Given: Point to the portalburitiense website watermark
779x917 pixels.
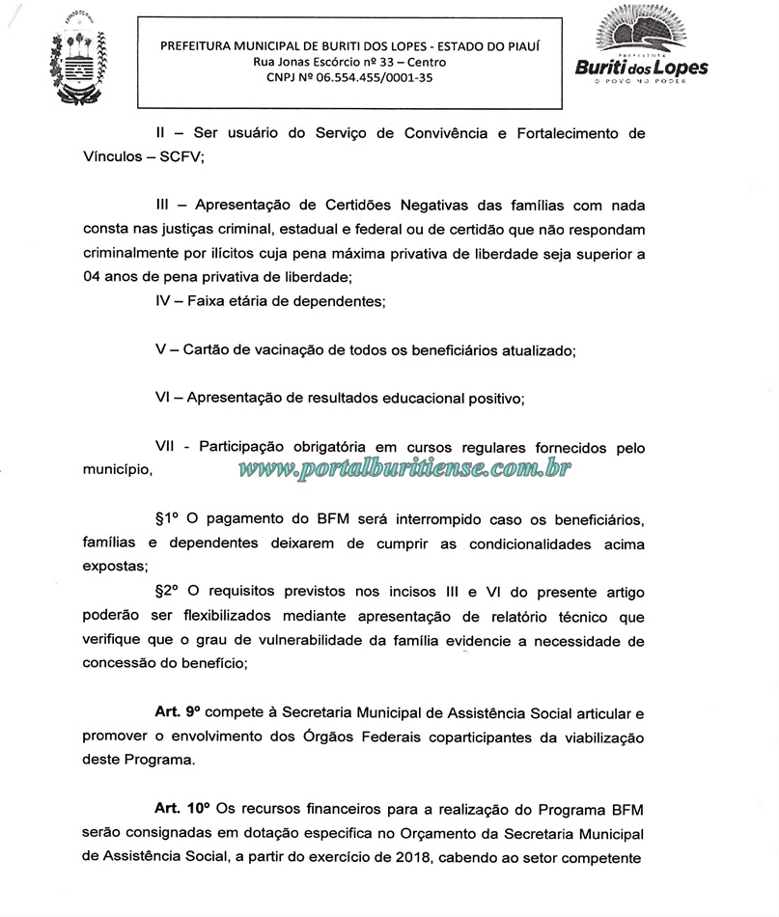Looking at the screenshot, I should click(404, 469).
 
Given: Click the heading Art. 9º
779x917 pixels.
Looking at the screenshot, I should click(176, 712).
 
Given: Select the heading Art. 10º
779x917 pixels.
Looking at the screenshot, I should click(180, 806).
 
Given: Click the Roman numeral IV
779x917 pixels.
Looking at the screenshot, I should click(163, 301).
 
